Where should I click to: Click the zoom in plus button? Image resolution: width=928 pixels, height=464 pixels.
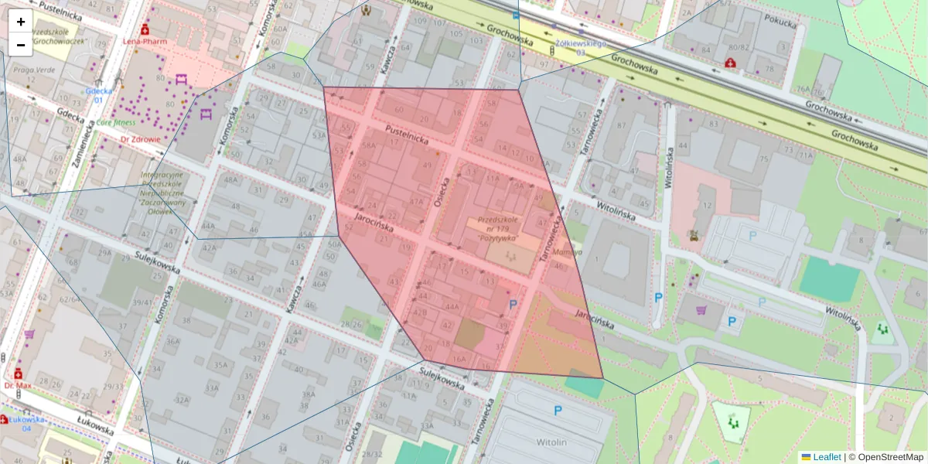pyautogui.click(x=21, y=22)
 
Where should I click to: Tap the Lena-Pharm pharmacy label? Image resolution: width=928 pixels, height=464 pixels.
pyautogui.click(x=145, y=41)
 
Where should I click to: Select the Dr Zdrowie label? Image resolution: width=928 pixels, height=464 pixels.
pyautogui.click(x=140, y=140)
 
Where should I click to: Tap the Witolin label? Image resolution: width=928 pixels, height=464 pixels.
pyautogui.click(x=551, y=442)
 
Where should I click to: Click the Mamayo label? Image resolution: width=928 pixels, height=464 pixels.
pyautogui.click(x=568, y=252)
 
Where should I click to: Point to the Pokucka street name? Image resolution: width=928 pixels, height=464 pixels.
pyautogui.click(x=779, y=23)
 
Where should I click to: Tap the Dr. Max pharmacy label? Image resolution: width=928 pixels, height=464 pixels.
pyautogui.click(x=17, y=385)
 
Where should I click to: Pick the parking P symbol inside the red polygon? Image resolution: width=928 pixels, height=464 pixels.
pyautogui.click(x=512, y=305)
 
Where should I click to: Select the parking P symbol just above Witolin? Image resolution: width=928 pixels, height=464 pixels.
pyautogui.click(x=558, y=411)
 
